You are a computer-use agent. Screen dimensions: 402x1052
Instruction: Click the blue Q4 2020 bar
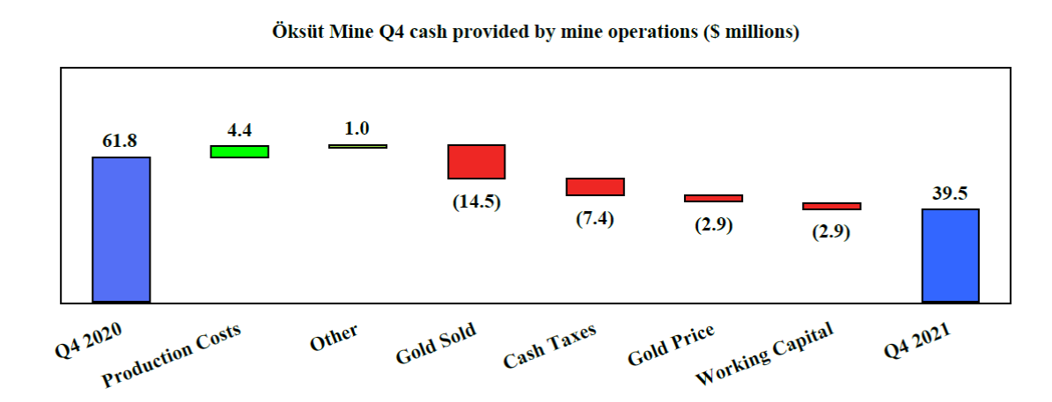tap(121, 230)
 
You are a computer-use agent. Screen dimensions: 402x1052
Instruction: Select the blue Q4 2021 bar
tap(950, 255)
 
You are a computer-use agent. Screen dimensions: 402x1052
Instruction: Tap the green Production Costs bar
tap(239, 151)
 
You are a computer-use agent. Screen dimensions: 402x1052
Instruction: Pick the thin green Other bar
tap(357, 146)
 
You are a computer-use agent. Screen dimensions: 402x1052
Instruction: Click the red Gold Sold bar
tap(476, 162)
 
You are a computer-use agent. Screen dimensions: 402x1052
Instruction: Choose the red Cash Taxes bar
tap(595, 186)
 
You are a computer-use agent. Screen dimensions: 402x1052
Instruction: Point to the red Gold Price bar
tap(713, 198)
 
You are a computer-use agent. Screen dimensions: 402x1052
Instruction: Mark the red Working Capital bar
tap(831, 206)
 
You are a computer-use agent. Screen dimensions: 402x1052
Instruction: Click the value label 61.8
tap(121, 141)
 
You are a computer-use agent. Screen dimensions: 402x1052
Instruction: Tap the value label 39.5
tap(950, 194)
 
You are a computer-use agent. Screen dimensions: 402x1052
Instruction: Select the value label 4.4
tap(239, 130)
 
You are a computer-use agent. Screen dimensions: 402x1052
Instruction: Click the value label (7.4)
tap(595, 218)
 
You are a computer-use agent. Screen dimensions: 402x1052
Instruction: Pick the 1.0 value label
tap(357, 128)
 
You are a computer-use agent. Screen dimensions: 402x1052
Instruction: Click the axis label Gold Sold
tap(436, 345)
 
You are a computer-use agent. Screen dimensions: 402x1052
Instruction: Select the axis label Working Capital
tap(764, 354)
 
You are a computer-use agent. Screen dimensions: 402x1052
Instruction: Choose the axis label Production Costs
tap(172, 354)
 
